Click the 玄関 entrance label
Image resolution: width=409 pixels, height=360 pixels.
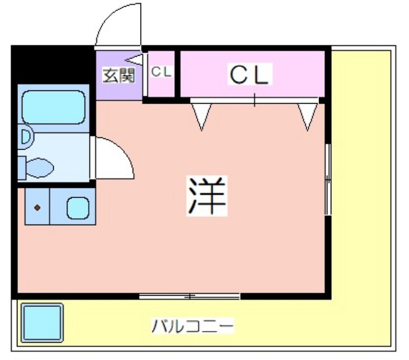tap(119, 76)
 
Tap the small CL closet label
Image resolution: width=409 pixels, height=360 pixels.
tap(162, 72)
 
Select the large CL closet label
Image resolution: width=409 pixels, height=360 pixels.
tap(248, 76)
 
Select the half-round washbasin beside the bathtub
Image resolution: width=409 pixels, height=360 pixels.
tap(25, 137)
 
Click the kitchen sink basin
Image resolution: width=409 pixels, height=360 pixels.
tap(78, 207)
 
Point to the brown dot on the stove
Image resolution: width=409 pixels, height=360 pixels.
tap(37, 207)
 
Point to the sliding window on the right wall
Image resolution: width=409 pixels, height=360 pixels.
tap(328, 179)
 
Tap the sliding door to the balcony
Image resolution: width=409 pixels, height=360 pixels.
tap(190, 296)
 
